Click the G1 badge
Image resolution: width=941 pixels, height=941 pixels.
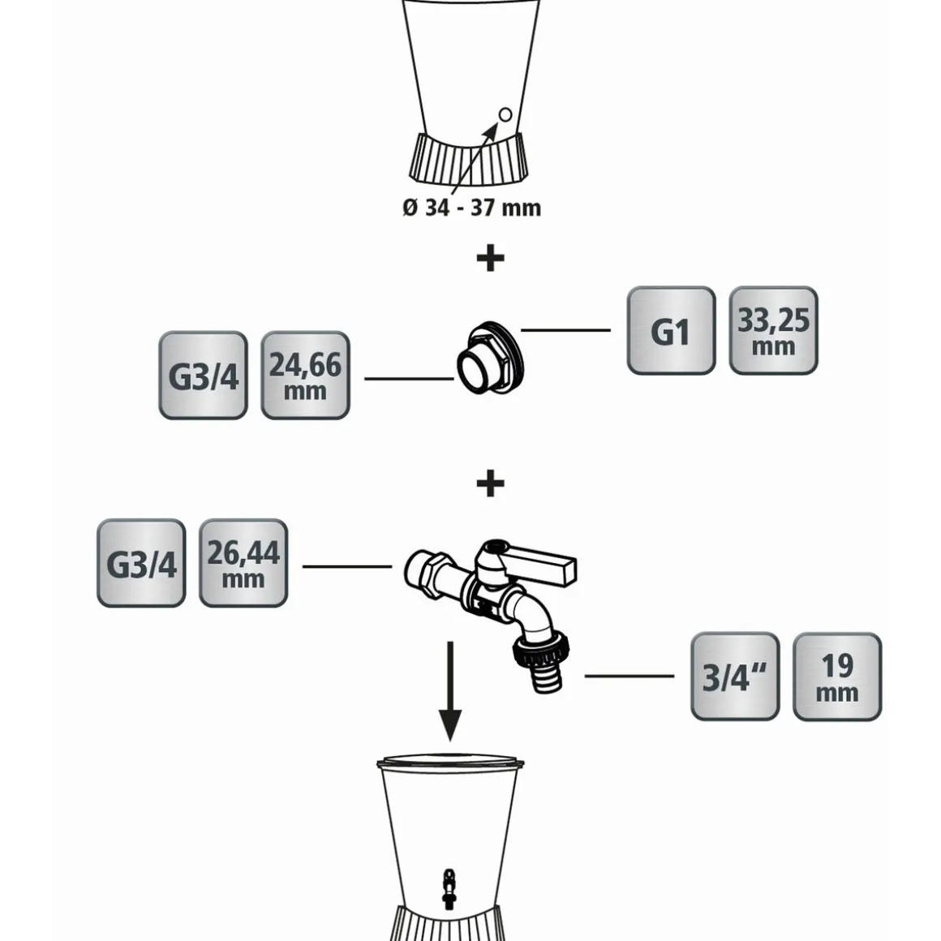(x=671, y=330)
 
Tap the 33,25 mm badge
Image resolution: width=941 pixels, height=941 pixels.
(x=773, y=330)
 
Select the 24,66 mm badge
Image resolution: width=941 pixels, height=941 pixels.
(x=305, y=375)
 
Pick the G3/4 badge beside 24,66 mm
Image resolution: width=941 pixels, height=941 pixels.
(x=203, y=375)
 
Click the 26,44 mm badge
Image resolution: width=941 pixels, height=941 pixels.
(x=243, y=563)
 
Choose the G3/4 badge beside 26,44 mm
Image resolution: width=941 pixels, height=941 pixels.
(x=141, y=563)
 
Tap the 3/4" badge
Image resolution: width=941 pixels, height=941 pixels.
(x=735, y=677)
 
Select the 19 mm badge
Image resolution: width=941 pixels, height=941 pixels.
(x=837, y=677)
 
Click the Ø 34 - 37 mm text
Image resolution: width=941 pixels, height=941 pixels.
(x=471, y=208)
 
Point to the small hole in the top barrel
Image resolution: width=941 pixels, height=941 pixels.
(x=505, y=114)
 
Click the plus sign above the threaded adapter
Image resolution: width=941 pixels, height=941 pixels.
(x=490, y=259)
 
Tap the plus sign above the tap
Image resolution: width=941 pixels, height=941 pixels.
(x=490, y=484)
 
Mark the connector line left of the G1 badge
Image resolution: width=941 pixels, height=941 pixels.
(x=565, y=330)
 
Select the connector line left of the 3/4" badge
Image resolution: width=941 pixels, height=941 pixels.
(x=629, y=676)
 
